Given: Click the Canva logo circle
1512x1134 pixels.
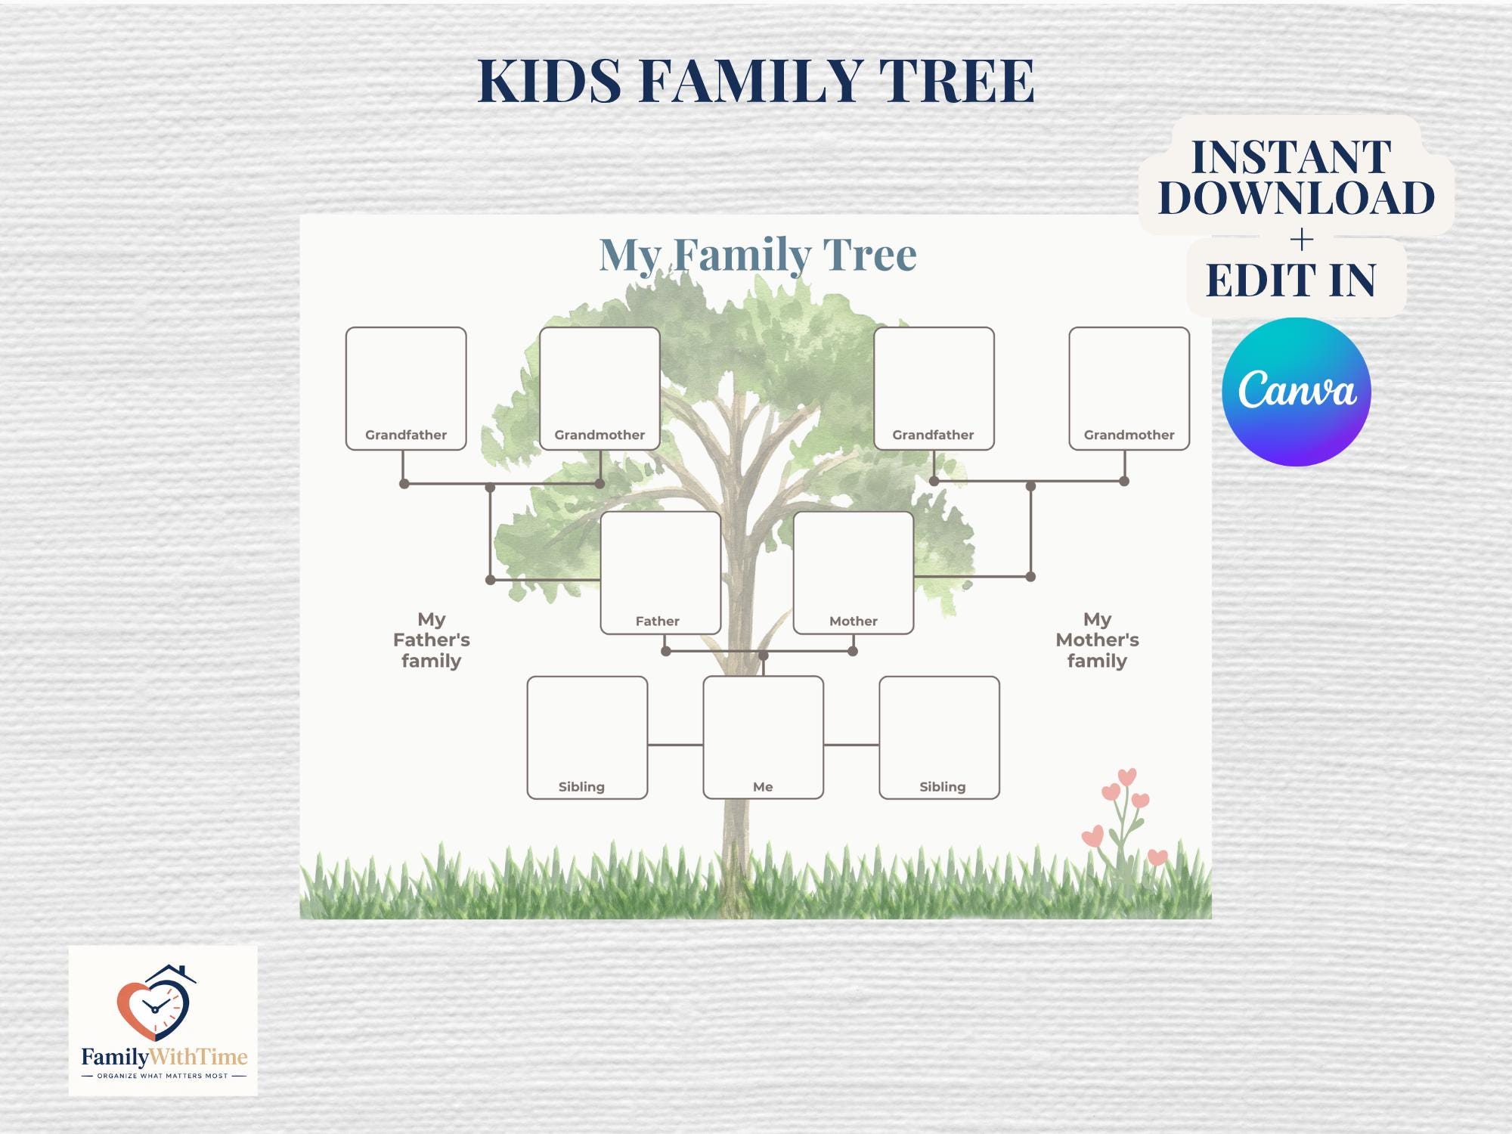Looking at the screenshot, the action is (1297, 391).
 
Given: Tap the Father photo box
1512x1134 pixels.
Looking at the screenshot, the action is (660, 573).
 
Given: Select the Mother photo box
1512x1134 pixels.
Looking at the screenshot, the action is (854, 573).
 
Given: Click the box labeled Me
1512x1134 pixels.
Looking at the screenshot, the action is (763, 737).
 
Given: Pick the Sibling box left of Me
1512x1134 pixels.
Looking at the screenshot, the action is (587, 737).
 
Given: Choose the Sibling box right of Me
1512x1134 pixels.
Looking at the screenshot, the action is (940, 737).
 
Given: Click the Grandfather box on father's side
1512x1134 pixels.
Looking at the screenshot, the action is (406, 389).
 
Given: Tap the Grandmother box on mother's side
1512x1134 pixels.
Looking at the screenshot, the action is (1129, 389).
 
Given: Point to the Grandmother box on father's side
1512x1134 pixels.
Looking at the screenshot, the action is (600, 389).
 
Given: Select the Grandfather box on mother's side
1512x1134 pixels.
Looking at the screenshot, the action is (934, 389).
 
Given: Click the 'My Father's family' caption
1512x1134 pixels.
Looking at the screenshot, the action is (432, 640).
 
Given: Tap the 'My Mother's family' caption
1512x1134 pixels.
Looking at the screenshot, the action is (1097, 640).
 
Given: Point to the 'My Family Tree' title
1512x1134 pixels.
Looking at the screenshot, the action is (758, 254).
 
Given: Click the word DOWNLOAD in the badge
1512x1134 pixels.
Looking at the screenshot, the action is (1297, 198).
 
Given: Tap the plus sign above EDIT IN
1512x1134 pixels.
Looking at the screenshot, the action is (1302, 240).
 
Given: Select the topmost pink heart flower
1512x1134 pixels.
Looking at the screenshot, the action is (1126, 776).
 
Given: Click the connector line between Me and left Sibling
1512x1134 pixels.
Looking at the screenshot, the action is (675, 745).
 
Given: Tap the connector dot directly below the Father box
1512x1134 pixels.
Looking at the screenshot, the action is (666, 651).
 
